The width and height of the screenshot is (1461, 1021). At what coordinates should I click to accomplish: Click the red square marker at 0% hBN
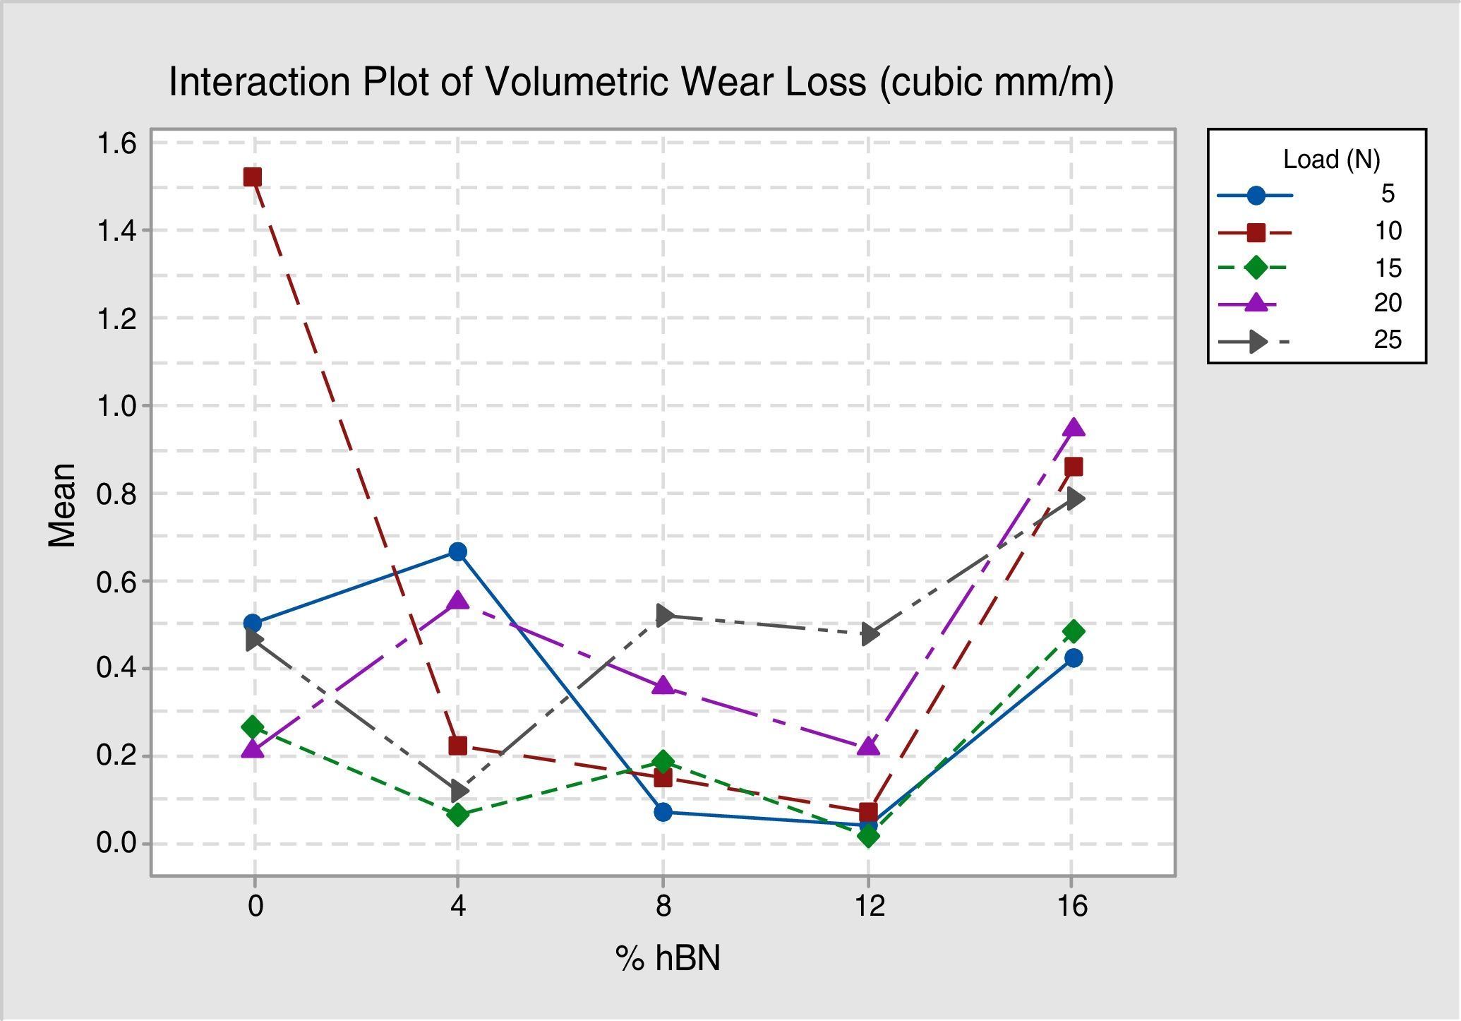[x=253, y=177]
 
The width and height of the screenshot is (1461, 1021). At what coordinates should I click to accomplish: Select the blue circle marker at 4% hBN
[x=458, y=551]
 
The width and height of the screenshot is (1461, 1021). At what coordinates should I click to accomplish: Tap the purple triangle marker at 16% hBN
[x=1073, y=428]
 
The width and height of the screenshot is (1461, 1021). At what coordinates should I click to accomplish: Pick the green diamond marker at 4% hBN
[x=458, y=815]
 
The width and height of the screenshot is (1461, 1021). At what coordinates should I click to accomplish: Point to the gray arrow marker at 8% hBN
[x=664, y=615]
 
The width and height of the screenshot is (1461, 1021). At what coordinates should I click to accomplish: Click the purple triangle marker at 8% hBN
[x=663, y=686]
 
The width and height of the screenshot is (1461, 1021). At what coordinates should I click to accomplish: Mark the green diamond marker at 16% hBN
[x=1073, y=631]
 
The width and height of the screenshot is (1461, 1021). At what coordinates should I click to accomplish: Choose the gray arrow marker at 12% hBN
[x=870, y=634]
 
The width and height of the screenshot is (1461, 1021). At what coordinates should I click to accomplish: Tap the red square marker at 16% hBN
[x=1074, y=467]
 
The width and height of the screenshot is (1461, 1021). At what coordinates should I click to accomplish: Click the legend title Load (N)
[x=1331, y=160]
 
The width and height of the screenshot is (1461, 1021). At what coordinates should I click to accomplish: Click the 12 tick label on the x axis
[x=870, y=905]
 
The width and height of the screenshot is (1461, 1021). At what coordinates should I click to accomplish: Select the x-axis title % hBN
[x=668, y=959]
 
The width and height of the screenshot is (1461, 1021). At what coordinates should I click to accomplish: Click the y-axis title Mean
[x=62, y=505]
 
